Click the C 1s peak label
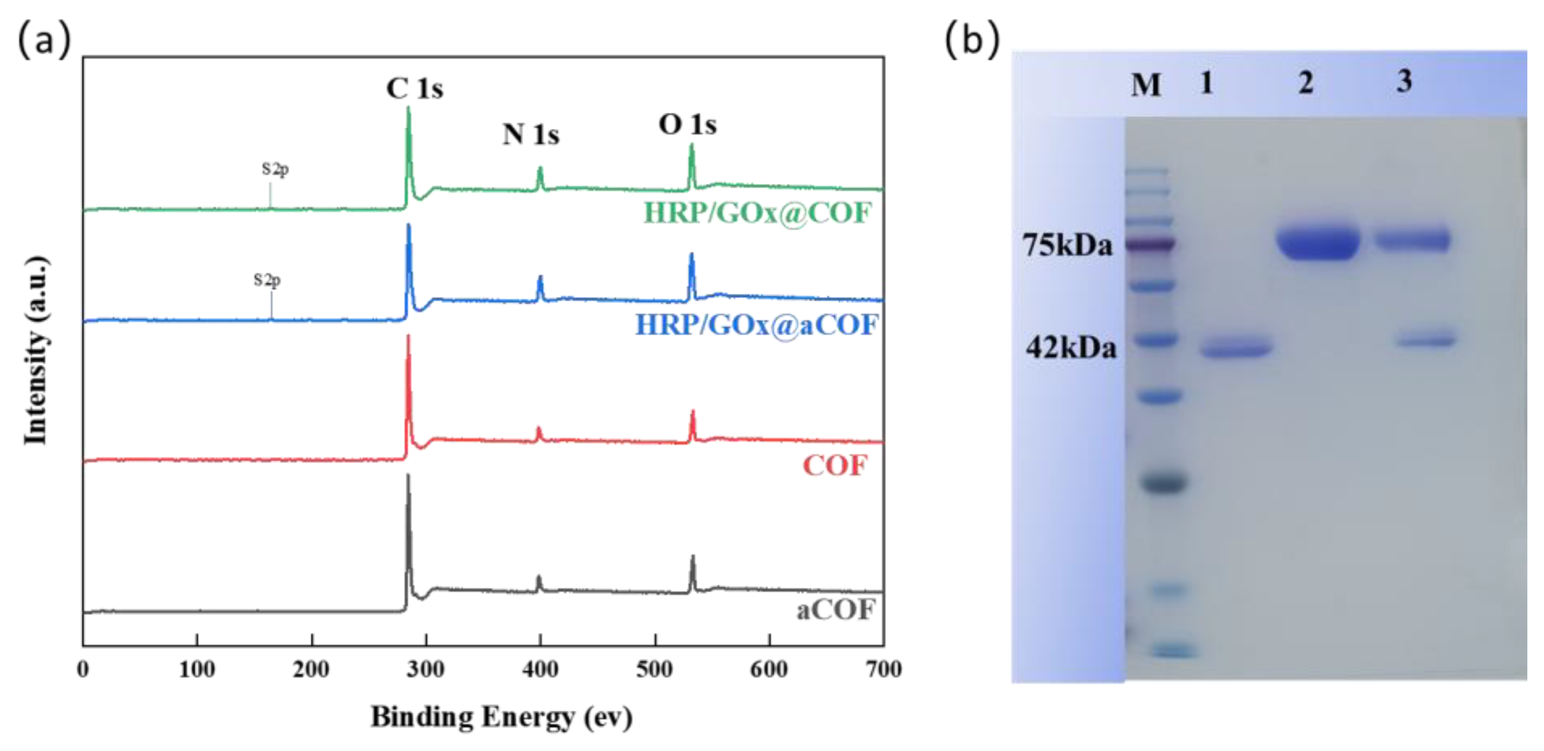(414, 89)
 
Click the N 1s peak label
(530, 134)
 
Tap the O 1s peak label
(688, 125)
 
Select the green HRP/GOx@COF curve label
(757, 213)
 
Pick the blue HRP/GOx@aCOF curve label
(756, 325)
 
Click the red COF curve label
(834, 465)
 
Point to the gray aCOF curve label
(835, 610)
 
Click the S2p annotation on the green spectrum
(275, 169)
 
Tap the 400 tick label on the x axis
(540, 668)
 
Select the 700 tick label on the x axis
(884, 668)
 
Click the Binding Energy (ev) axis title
(501, 717)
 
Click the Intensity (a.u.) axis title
(36, 351)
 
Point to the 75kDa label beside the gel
(1067, 245)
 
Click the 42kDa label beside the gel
(1071, 348)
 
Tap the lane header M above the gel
(1145, 84)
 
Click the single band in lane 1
(1235, 348)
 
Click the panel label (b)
(972, 40)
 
